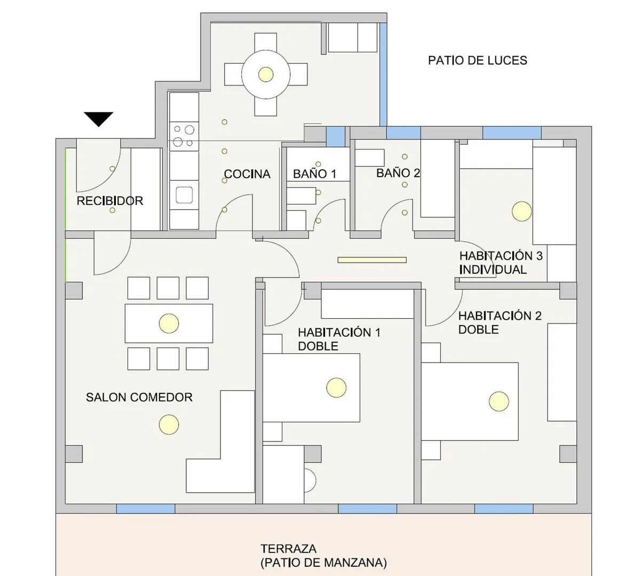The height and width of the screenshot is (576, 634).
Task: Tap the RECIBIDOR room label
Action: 110,201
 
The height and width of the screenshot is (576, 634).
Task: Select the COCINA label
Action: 247,174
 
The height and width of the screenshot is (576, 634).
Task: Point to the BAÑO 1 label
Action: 314,174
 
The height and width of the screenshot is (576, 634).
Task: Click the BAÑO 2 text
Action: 398,173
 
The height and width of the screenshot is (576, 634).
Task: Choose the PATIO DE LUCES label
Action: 478,61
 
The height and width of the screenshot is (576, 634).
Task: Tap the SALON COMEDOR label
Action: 139,397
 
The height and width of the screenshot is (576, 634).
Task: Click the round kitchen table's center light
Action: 266,74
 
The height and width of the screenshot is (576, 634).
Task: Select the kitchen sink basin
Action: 184,195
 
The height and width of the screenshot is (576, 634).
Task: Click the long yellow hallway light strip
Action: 372,260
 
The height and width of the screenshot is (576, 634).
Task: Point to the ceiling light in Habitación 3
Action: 521,211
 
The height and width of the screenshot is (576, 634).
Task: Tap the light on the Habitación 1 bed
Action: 336,388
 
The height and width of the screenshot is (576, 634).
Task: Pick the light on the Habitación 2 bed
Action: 499,401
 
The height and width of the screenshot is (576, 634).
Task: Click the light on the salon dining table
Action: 169,323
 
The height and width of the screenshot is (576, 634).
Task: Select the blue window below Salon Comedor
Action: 146,509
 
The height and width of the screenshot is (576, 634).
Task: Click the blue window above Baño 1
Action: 336,137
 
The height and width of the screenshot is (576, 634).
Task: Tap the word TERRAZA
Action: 288,549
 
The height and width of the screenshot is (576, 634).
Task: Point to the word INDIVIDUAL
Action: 493,270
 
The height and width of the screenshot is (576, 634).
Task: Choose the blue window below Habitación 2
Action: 504,509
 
